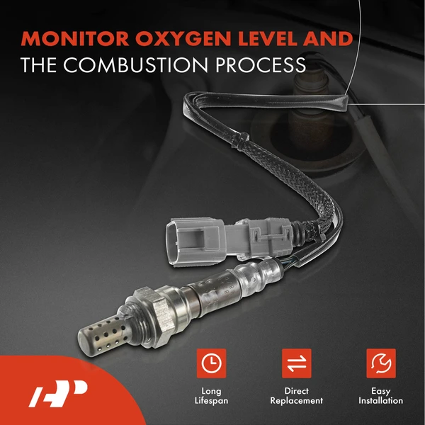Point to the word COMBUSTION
129,65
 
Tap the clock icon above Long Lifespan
210,363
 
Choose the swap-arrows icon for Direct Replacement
295,363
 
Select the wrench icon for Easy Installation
380,363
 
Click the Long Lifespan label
210,396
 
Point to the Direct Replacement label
295,396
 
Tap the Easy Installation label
380,396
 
